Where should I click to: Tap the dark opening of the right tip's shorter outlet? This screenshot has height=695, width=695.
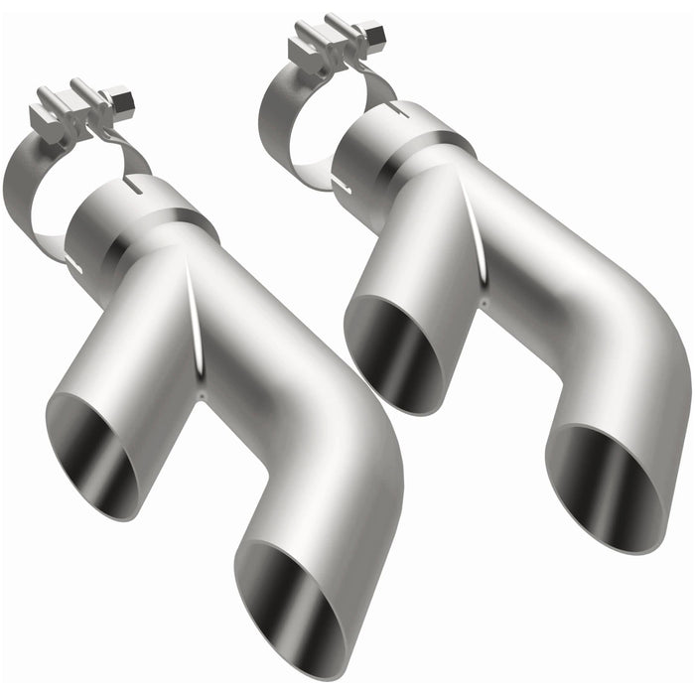click(393, 353)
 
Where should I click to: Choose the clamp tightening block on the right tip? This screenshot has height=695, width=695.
click(328, 45)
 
